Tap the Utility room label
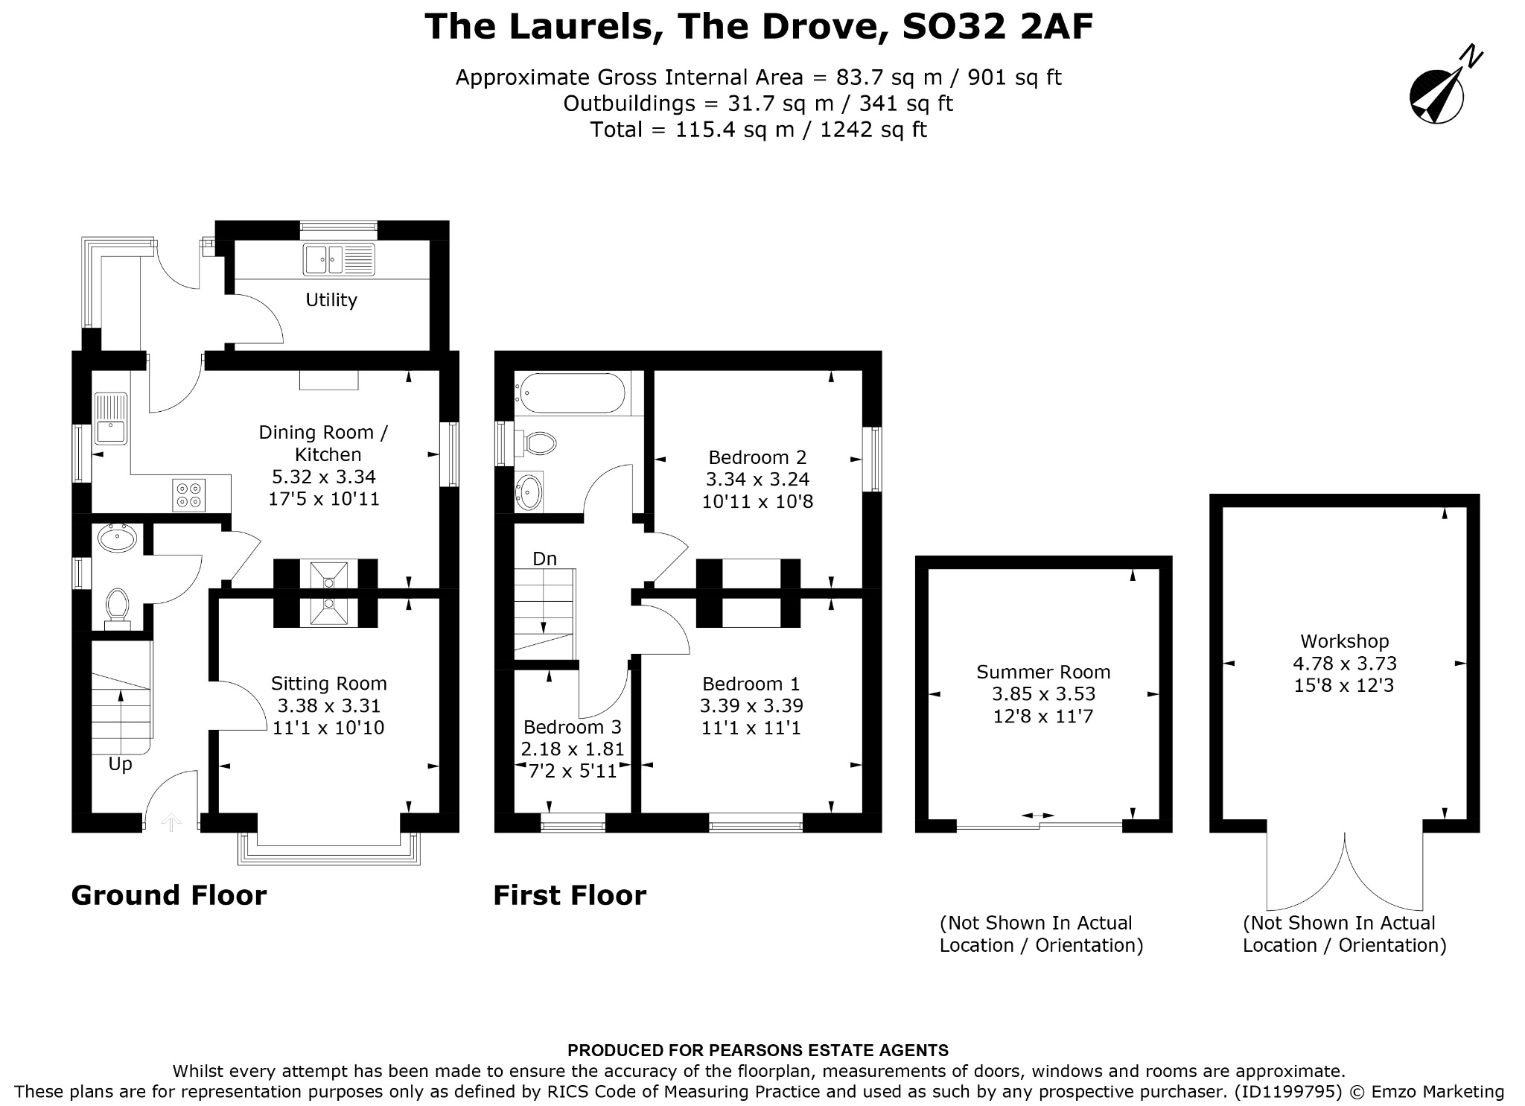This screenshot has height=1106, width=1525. tap(331, 300)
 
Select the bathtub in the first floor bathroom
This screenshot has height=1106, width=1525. tap(572, 392)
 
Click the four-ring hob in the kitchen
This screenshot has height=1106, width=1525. tap(189, 495)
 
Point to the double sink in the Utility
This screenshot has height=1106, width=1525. tap(339, 260)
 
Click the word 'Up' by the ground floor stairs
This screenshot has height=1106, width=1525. tap(121, 765)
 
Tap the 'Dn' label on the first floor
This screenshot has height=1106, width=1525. tap(545, 559)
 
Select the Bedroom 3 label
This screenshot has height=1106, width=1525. tap(573, 727)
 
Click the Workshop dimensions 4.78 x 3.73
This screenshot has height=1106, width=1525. tap(1345, 663)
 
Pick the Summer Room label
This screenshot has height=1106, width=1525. tap(1043, 672)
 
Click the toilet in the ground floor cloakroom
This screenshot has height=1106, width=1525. tap(117, 608)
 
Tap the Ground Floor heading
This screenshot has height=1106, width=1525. tap(169, 895)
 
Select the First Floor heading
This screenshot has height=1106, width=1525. tap(570, 895)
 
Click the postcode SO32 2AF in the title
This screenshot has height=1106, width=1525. tap(998, 27)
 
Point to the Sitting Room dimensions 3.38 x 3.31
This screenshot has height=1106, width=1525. tap(329, 705)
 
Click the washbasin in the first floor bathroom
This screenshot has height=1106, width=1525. tap(529, 492)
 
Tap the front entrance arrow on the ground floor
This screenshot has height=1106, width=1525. tap(172, 822)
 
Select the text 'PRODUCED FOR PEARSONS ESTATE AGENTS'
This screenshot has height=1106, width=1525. tap(758, 1051)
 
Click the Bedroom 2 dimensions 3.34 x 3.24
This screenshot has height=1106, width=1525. tap(758, 479)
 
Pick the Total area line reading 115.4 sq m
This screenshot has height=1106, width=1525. tap(758, 130)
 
